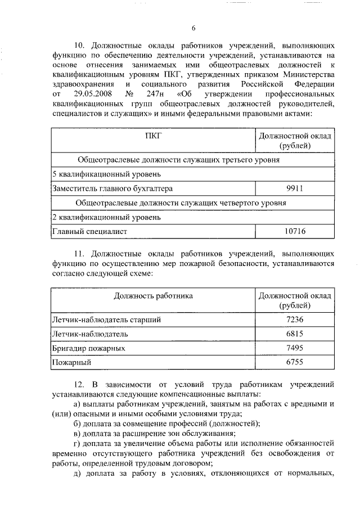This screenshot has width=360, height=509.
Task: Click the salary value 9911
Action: (x=294, y=188)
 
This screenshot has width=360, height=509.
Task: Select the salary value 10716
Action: (x=294, y=231)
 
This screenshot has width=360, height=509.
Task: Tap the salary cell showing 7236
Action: (x=294, y=319)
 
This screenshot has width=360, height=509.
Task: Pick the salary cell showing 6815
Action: (x=294, y=334)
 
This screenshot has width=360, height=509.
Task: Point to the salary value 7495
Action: (x=294, y=348)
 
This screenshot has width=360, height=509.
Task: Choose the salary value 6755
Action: (x=294, y=363)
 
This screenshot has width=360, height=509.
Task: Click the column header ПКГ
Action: (x=153, y=136)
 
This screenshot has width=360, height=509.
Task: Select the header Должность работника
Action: (x=153, y=295)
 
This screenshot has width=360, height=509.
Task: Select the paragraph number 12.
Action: (x=79, y=385)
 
